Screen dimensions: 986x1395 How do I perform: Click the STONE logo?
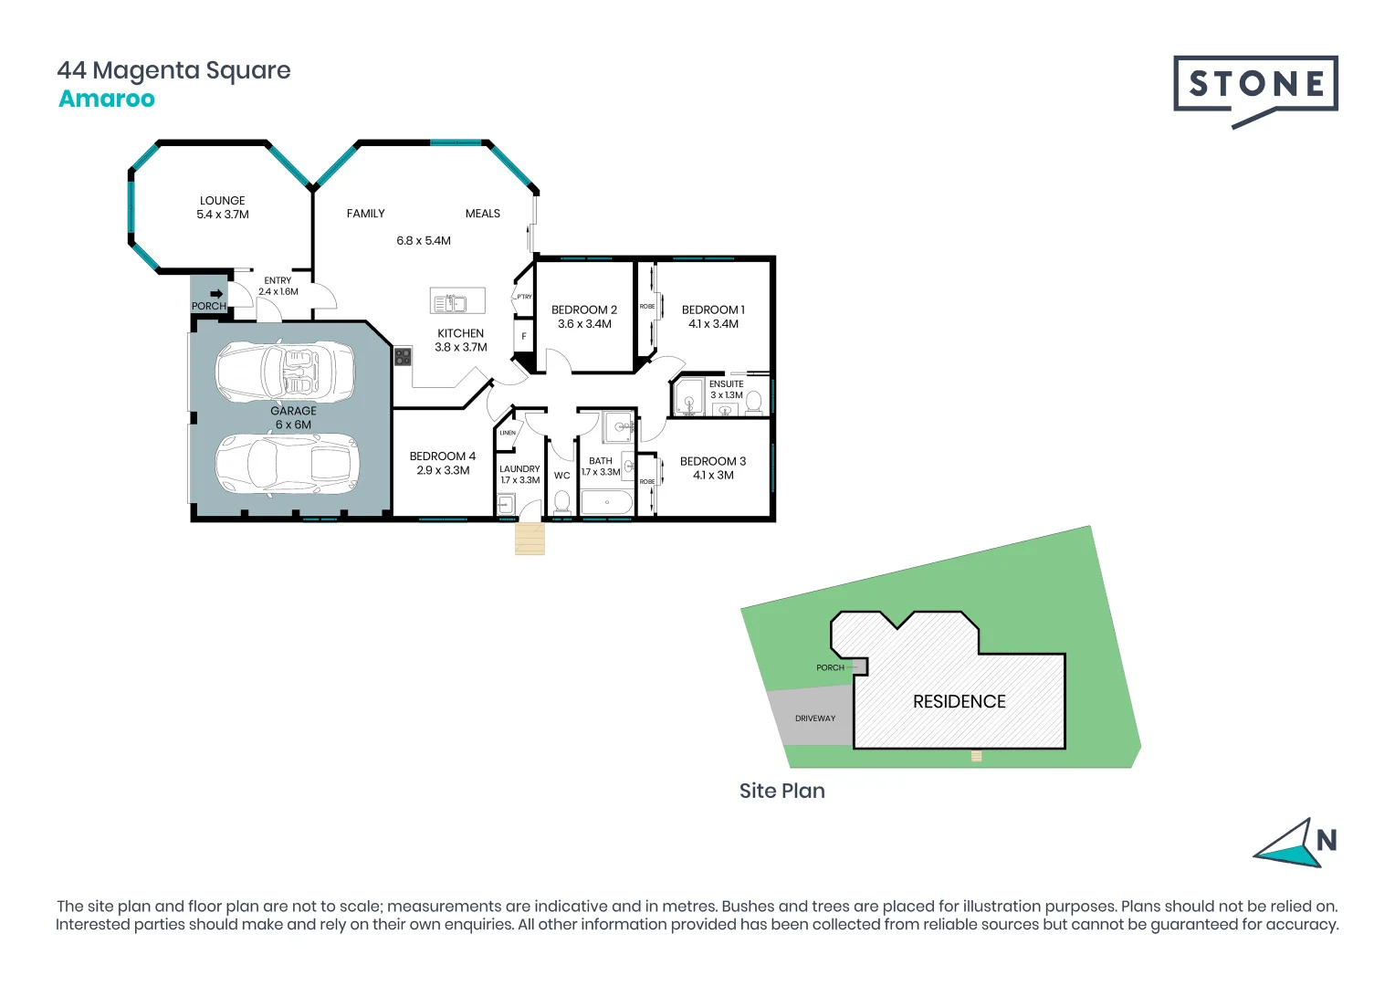[1255, 85]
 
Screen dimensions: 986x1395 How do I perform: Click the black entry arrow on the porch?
[216, 294]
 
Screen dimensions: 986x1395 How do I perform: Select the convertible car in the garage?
[285, 372]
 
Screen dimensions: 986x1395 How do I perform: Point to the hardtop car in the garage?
[288, 464]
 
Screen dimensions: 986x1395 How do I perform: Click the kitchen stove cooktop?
[403, 356]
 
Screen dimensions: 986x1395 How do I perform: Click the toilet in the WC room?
[562, 502]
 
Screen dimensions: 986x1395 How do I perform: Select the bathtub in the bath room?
[606, 502]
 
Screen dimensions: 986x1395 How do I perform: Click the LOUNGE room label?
[223, 201]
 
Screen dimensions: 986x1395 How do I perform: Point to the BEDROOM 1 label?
[713, 310]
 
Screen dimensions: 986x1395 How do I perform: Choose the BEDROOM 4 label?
[443, 456]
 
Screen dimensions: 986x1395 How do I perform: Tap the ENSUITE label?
[727, 384]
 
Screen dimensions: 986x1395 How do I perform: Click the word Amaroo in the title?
[107, 100]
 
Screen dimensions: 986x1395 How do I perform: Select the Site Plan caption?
[781, 791]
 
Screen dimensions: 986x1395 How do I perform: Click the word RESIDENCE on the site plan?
[959, 701]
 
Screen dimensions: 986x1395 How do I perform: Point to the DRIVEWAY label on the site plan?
[815, 719]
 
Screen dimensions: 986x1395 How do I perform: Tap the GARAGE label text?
[293, 411]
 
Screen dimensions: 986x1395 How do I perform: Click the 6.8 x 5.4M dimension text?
[424, 241]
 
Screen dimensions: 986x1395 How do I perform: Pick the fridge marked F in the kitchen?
[524, 337]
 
